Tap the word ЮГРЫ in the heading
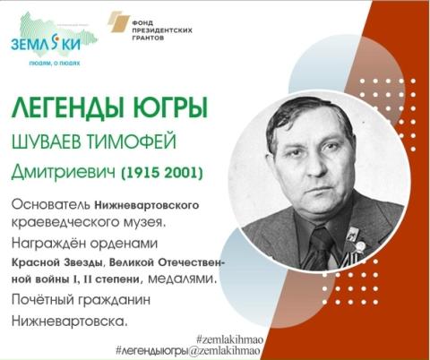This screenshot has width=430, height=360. [x=169, y=109]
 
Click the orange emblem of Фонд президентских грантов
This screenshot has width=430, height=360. [x=116, y=21]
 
